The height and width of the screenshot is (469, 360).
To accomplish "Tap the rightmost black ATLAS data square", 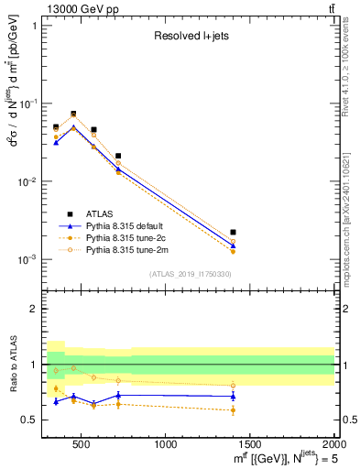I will click(234, 233).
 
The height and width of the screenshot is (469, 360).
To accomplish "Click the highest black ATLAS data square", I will click(73, 114).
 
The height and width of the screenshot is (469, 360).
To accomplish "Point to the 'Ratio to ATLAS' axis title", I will click(12, 365).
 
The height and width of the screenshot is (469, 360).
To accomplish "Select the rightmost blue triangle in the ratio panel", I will click(234, 396).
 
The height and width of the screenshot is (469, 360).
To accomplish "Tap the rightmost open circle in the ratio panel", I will click(234, 386).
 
